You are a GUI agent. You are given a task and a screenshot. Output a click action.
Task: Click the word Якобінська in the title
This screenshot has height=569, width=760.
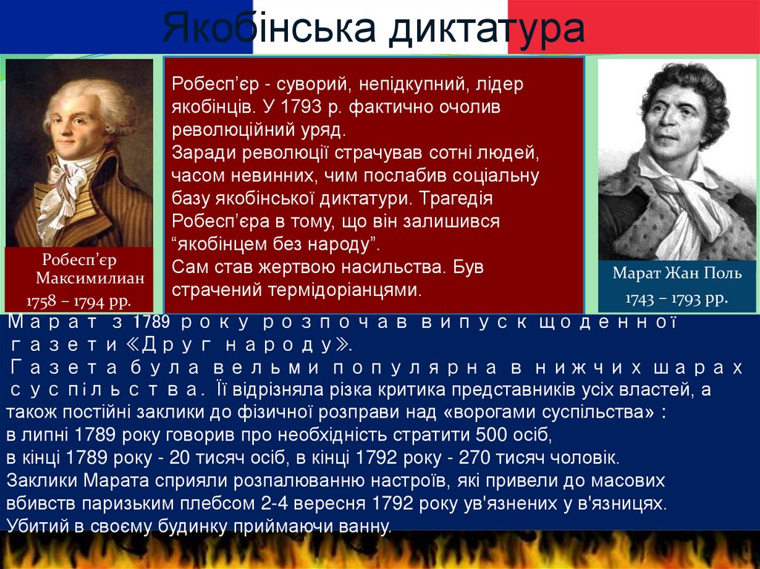click(269, 27)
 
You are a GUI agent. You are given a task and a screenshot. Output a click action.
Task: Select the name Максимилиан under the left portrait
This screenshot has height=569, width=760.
click(90, 278)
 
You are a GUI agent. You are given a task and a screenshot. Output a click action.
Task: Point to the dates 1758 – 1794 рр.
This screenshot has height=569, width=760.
click(79, 301)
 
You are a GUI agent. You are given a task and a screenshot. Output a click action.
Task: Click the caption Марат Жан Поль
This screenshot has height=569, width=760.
click(677, 273)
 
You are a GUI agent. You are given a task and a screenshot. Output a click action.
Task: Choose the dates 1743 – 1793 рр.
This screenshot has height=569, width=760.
click(677, 298)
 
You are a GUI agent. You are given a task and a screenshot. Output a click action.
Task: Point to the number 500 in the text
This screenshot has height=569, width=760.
click(491, 434)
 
